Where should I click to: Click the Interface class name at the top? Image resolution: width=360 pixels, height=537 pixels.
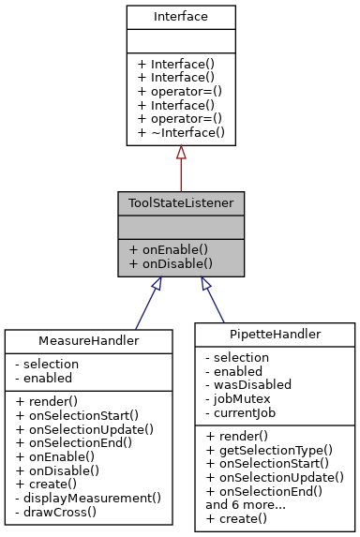coord(181,17)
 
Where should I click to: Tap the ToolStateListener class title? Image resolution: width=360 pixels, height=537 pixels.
coord(181,202)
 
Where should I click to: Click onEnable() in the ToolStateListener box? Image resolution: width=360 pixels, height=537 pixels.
coord(168,250)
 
